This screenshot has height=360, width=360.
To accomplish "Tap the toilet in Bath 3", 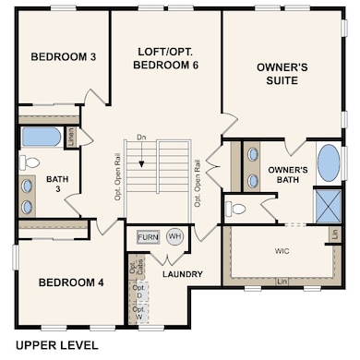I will [x=30, y=163].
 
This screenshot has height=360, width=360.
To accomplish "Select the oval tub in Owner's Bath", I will [x=328, y=163].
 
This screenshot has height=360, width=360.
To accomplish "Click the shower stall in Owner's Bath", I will [x=328, y=205].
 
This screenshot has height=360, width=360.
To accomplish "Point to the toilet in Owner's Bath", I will [x=236, y=208].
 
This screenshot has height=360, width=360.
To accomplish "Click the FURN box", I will [x=148, y=237].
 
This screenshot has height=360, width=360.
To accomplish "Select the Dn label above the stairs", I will [x=140, y=138].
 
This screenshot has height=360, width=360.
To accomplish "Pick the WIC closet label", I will [x=282, y=250].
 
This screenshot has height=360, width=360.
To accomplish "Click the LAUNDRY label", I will [x=182, y=274].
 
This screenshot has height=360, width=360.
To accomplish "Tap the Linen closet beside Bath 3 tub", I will [x=72, y=137].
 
